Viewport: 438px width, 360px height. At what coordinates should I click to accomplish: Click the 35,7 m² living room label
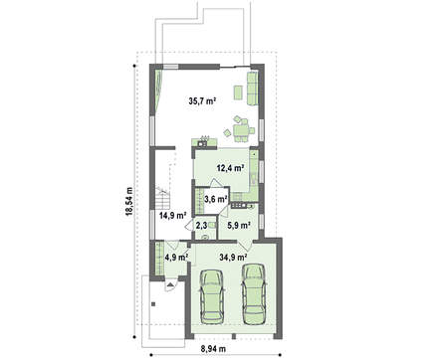pyautogui.click(x=202, y=101)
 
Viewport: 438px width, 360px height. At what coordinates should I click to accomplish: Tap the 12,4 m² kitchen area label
pyautogui.click(x=231, y=168)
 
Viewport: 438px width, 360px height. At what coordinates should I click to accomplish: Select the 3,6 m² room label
pyautogui.click(x=216, y=199)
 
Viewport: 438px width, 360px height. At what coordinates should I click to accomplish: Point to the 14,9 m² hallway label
pyautogui.click(x=172, y=216)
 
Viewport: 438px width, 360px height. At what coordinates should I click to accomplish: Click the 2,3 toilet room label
pyautogui.click(x=201, y=226)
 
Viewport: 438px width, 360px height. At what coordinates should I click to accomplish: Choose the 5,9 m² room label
pyautogui.click(x=239, y=226)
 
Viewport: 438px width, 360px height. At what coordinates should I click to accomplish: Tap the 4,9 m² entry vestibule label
pyautogui.click(x=176, y=257)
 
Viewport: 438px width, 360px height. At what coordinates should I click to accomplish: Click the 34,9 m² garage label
pyautogui.click(x=233, y=257)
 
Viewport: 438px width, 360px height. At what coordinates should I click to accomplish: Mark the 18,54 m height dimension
pyautogui.click(x=128, y=201)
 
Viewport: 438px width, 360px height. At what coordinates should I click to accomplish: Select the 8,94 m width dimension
pyautogui.click(x=213, y=349)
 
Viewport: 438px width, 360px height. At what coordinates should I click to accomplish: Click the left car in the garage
pyautogui.click(x=212, y=296)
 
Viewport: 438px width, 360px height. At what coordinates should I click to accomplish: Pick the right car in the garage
pyautogui.click(x=254, y=293)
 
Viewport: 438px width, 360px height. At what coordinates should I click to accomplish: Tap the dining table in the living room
pyautogui.click(x=241, y=130)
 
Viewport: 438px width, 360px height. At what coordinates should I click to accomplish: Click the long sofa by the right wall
pyautogui.click(x=252, y=88)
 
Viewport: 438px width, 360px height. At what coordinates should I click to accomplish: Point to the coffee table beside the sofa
pyautogui.click(x=238, y=92)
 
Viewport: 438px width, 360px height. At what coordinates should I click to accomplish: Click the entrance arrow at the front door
pyautogui.click(x=170, y=284)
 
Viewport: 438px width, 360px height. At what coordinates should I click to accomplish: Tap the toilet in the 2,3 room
pyautogui.click(x=205, y=237)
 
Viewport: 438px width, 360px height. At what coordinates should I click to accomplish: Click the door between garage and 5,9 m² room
pyautogui.click(x=245, y=246)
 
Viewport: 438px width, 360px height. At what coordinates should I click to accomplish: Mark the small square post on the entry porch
pyautogui.click(x=153, y=303)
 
